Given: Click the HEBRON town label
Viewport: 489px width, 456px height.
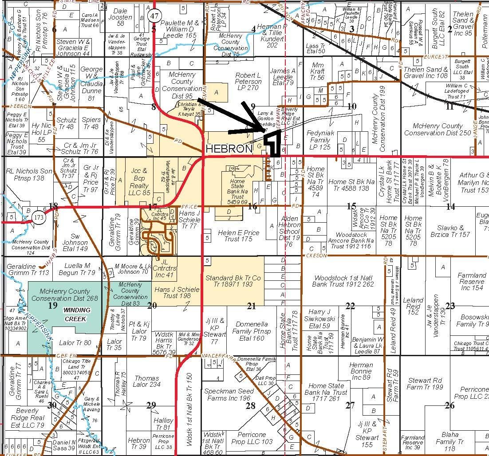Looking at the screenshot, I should coord(229,149).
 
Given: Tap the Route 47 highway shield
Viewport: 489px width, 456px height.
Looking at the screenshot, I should coord(154,16).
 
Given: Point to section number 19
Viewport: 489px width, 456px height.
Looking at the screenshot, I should coord(53,305).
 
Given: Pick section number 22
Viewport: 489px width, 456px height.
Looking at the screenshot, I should coord(350,306).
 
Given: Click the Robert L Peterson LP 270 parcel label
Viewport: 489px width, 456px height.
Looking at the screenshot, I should coord(248,82).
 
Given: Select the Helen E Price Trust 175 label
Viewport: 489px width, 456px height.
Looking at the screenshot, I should coord(238,236).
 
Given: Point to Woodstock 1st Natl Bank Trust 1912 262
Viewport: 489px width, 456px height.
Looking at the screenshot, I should coord(343,281).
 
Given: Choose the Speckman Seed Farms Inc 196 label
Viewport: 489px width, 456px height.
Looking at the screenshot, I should coord(227,394).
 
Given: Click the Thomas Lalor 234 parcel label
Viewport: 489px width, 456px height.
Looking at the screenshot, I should coord(147,381).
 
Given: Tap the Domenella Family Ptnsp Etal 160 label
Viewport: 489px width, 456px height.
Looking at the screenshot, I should coord(251,331).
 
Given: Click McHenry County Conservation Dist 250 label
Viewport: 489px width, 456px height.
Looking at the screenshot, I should coord(437,129).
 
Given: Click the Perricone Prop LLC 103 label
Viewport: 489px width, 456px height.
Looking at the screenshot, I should coord(252,438).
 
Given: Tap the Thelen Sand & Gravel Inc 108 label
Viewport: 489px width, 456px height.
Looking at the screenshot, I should coord(425,72).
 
